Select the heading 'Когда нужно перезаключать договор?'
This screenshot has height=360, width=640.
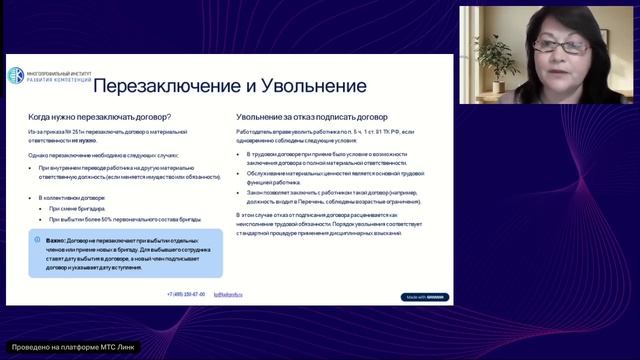click(x=99, y=118)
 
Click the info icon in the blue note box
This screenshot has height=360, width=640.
click(x=38, y=240)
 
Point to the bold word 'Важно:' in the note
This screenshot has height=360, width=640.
click(x=56, y=240)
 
